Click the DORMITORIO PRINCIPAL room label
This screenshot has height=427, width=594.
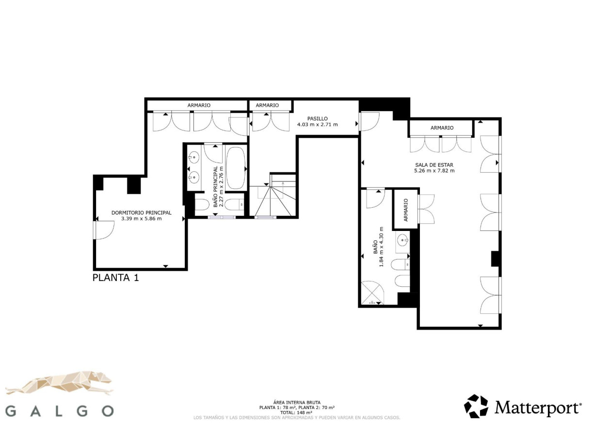click(x=141, y=213)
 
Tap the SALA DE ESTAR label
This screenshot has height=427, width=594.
click(x=434, y=164)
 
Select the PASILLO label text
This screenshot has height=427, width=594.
click(x=317, y=118)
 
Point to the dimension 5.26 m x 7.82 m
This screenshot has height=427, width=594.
click(x=434, y=171)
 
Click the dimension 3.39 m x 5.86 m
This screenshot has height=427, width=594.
click(x=141, y=219)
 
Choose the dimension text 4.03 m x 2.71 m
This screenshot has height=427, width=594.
click(x=317, y=125)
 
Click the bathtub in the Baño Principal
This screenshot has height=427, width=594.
click(x=236, y=168)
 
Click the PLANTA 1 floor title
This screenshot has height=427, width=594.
click(x=115, y=278)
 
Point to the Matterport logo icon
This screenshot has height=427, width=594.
click(x=476, y=406)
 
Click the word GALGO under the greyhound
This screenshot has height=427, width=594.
click(x=61, y=411)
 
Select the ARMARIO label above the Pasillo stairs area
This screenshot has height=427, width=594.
click(x=267, y=105)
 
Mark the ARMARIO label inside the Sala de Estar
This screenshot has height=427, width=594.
click(x=442, y=128)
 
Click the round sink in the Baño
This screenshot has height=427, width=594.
click(x=402, y=240)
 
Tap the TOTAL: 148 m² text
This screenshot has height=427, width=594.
click(x=296, y=412)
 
